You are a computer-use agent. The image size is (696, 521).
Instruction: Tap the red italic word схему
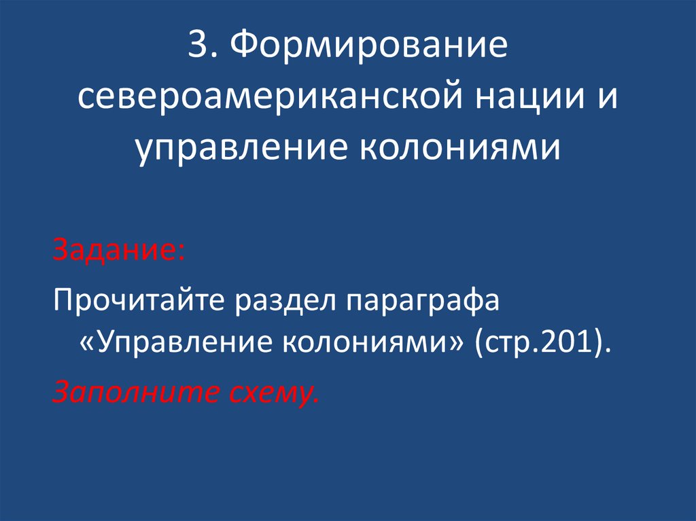(272, 392)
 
